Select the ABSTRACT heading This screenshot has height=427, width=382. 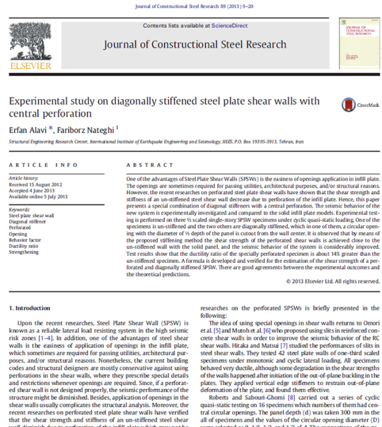click(x=141, y=165)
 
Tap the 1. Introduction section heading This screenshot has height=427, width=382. click(x=32, y=308)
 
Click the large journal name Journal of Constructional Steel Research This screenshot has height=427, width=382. click(x=194, y=45)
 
